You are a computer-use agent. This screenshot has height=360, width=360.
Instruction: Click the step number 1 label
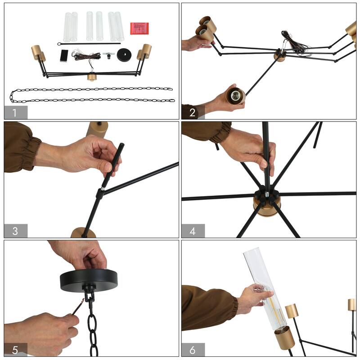pyautogui.click(x=14, y=113)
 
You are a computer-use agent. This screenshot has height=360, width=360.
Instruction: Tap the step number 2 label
pyautogui.click(x=193, y=112)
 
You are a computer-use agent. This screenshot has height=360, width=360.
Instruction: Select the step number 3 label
pyautogui.click(x=15, y=231)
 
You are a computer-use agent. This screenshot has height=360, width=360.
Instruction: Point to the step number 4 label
pyautogui.click(x=193, y=231)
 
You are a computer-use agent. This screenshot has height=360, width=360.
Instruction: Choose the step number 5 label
pyautogui.click(x=15, y=350)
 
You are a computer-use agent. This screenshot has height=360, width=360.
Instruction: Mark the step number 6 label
pyautogui.click(x=193, y=350)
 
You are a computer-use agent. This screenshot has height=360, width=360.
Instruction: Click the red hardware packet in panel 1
pyautogui.click(x=139, y=28)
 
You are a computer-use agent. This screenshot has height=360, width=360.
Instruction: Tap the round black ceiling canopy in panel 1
pyautogui.click(x=124, y=54)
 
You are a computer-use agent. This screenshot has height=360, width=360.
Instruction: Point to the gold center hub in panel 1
pyautogui.click(x=91, y=76)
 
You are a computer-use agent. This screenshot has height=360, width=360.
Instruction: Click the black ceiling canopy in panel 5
pyautogui.click(x=89, y=280)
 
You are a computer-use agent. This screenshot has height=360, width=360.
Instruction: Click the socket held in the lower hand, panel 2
pyautogui.click(x=236, y=95)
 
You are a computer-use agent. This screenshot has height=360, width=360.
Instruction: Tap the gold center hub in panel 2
pyautogui.click(x=279, y=57)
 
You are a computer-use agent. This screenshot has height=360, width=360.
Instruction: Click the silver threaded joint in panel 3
pyautogui.click(x=103, y=189)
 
